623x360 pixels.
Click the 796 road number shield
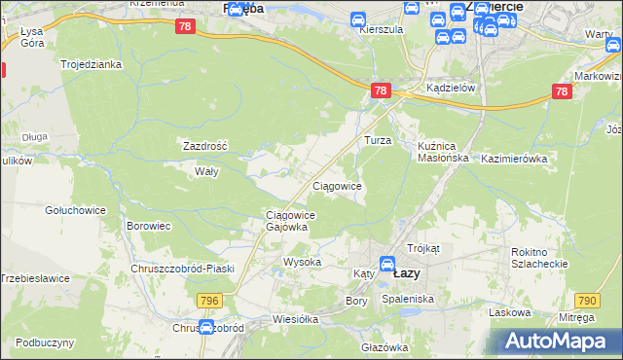[x=207, y=301]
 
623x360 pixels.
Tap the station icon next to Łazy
[x=386, y=263]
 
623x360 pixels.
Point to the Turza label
[x=378, y=140]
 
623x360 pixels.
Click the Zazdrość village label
[x=205, y=146]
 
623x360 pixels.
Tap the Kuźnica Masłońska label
[x=443, y=151]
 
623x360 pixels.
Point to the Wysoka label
[x=302, y=263]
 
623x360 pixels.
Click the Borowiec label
[x=149, y=226]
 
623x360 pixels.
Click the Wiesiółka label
[x=271, y=318]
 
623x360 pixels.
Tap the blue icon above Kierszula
[x=357, y=18]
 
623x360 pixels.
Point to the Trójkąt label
[x=424, y=249]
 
